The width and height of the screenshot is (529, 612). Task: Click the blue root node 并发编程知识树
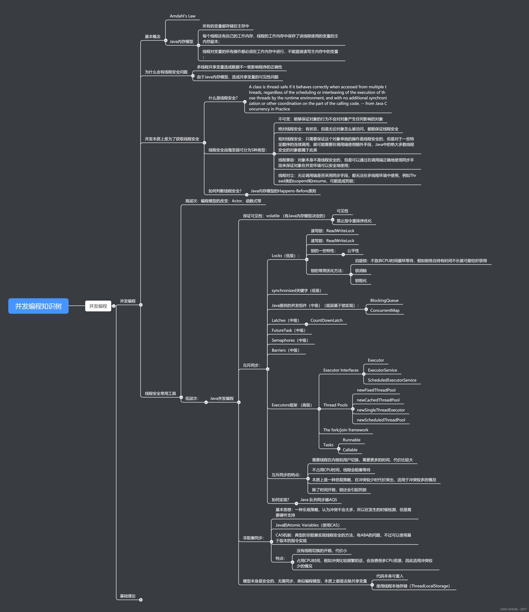click(x=38, y=306)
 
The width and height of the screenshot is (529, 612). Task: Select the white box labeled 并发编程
click(x=98, y=306)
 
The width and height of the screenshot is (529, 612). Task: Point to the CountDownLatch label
click(x=326, y=321)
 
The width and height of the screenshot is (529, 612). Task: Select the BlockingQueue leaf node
click(x=384, y=300)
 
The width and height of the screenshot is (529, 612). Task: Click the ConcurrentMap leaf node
click(x=385, y=310)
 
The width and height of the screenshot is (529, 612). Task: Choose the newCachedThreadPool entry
click(x=378, y=400)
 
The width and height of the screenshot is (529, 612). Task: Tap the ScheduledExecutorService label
click(x=392, y=380)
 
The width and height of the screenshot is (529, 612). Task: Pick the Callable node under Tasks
click(x=350, y=450)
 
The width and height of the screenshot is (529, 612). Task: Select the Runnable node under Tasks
click(x=352, y=440)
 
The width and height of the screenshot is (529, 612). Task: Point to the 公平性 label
click(x=353, y=251)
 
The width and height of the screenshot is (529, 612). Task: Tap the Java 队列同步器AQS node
click(x=318, y=500)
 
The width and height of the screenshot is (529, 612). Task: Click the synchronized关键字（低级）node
click(x=296, y=291)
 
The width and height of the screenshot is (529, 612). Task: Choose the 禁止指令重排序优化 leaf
click(x=354, y=221)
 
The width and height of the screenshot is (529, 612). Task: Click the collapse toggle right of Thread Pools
click(x=353, y=409)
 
